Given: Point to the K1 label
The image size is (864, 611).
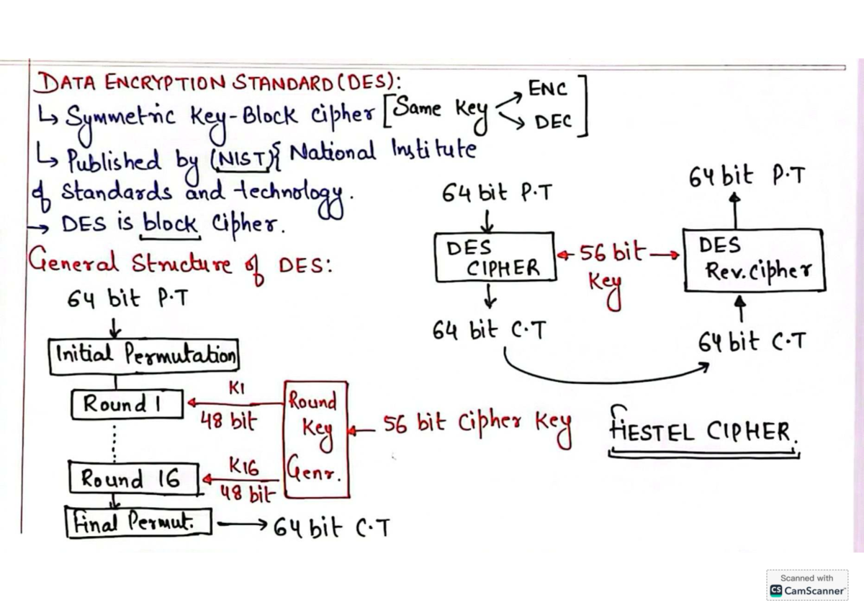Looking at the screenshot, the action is [236, 388].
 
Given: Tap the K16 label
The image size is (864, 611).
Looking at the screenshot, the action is [244, 467].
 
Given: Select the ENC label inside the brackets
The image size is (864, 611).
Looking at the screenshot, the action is [547, 89].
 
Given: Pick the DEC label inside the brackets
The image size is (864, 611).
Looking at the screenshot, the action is [553, 122].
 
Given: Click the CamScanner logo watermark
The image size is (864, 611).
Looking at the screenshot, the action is [807, 585].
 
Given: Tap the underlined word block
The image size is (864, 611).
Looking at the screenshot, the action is [170, 223].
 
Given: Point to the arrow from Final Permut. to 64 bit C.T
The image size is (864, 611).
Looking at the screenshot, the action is [242, 524].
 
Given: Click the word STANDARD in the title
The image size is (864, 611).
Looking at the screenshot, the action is [284, 83].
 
